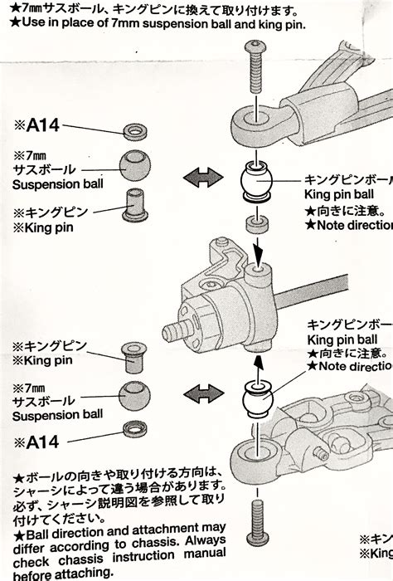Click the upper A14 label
coord(36,126)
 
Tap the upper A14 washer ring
coord(133,131)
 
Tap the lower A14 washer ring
coord(133,428)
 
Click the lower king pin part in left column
coord(133,358)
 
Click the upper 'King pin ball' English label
coord(340,193)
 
